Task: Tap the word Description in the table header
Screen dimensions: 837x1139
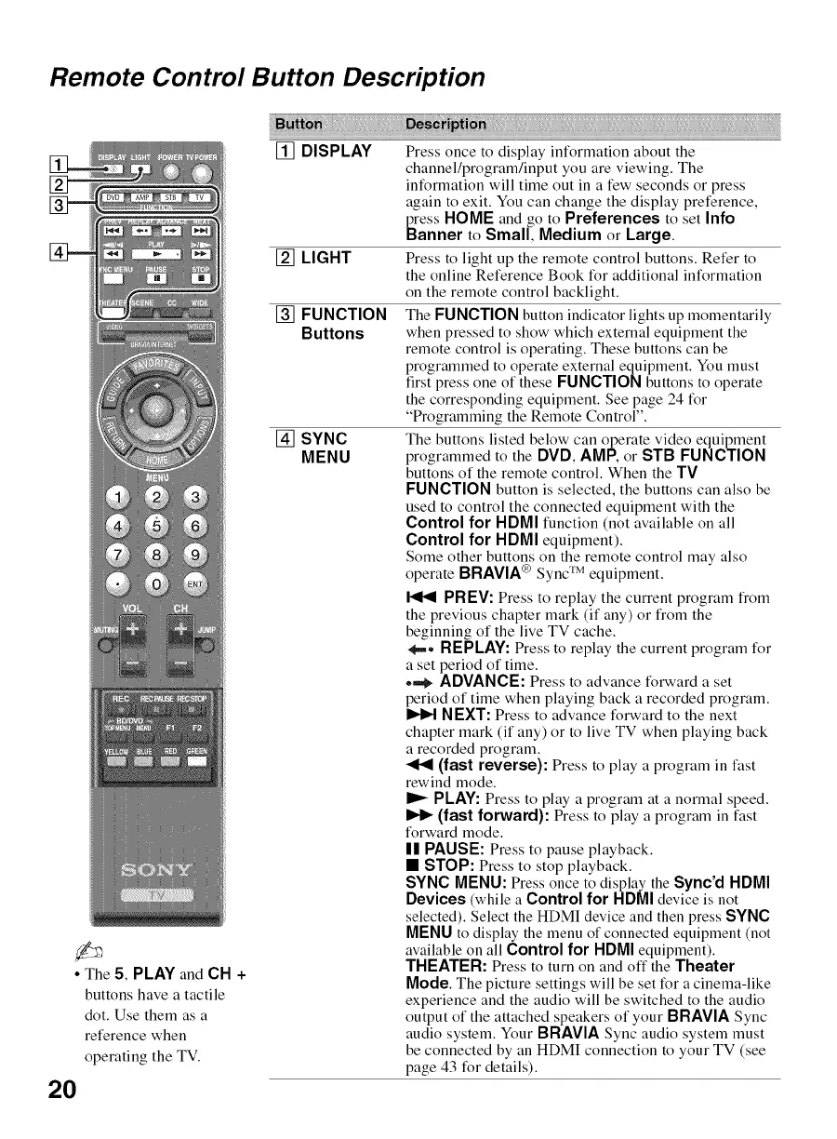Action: point(446,125)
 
